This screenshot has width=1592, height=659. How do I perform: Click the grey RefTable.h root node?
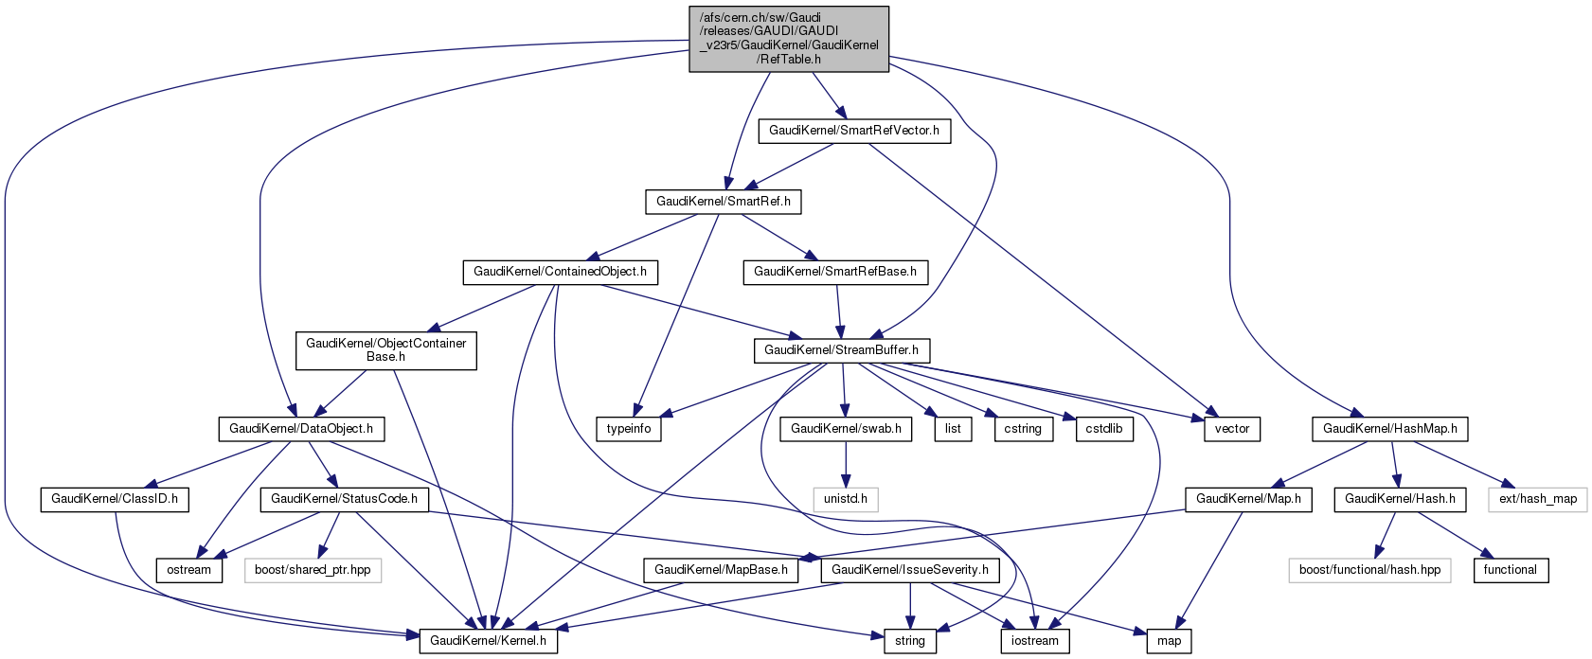[x=788, y=38]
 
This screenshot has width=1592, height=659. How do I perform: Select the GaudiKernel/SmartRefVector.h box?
[x=853, y=131]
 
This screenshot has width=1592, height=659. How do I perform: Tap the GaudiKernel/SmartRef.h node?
[x=724, y=202]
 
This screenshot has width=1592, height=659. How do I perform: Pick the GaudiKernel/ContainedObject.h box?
[x=560, y=272]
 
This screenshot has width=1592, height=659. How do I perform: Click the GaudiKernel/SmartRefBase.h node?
[x=834, y=272]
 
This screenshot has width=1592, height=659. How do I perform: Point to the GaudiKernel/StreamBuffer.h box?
[x=841, y=350]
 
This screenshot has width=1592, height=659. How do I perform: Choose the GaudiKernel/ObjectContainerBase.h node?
[x=385, y=350]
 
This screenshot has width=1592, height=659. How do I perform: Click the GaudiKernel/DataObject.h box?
[x=295, y=429]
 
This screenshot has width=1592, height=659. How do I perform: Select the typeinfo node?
[x=629, y=429]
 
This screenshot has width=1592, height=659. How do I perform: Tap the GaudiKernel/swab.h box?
[x=846, y=429]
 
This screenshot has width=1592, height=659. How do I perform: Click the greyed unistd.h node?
[x=846, y=498]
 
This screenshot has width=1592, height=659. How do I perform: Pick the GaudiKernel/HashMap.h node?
[x=1389, y=429]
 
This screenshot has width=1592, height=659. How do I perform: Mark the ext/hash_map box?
[x=1537, y=498]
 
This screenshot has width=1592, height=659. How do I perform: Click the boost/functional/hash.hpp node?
[x=1369, y=570]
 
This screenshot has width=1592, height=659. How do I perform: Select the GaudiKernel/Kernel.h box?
[x=488, y=641]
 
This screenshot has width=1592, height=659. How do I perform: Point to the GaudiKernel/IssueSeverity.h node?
[x=909, y=570]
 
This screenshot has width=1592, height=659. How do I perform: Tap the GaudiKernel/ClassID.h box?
[x=114, y=498]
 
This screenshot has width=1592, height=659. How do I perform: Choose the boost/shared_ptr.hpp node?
[x=313, y=570]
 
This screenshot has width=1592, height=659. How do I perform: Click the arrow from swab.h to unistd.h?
[x=846, y=464]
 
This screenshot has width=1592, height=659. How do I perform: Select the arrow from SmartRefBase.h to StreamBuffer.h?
[x=838, y=311]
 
